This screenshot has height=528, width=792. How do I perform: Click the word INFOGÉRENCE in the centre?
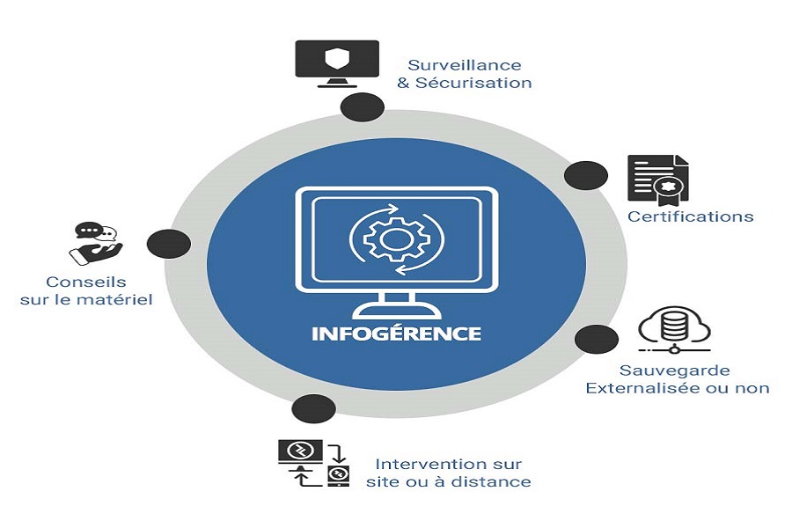pyautogui.click(x=396, y=334)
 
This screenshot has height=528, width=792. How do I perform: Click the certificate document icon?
pyautogui.click(x=657, y=180)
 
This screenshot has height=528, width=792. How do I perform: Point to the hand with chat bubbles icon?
pyautogui.click(x=94, y=243)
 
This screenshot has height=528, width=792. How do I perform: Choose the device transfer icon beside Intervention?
pyautogui.click(x=314, y=463)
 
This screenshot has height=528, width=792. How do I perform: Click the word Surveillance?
pyautogui.click(x=465, y=65)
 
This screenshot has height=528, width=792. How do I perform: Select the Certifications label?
pyautogui.click(x=690, y=216)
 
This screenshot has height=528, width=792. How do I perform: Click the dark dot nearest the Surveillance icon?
pyautogui.click(x=363, y=108)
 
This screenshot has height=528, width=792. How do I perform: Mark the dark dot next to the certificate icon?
pyautogui.click(x=585, y=176)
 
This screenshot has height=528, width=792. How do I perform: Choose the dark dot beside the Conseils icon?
pyautogui.click(x=169, y=244)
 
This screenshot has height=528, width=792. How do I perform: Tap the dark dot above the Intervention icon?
pyautogui.click(x=313, y=409)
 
